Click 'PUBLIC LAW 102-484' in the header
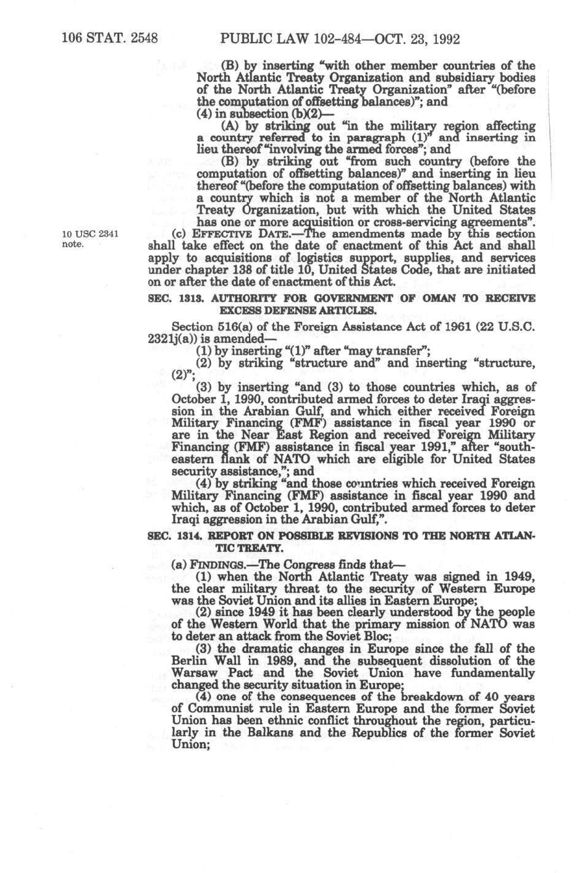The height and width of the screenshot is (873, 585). (x=280, y=39)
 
